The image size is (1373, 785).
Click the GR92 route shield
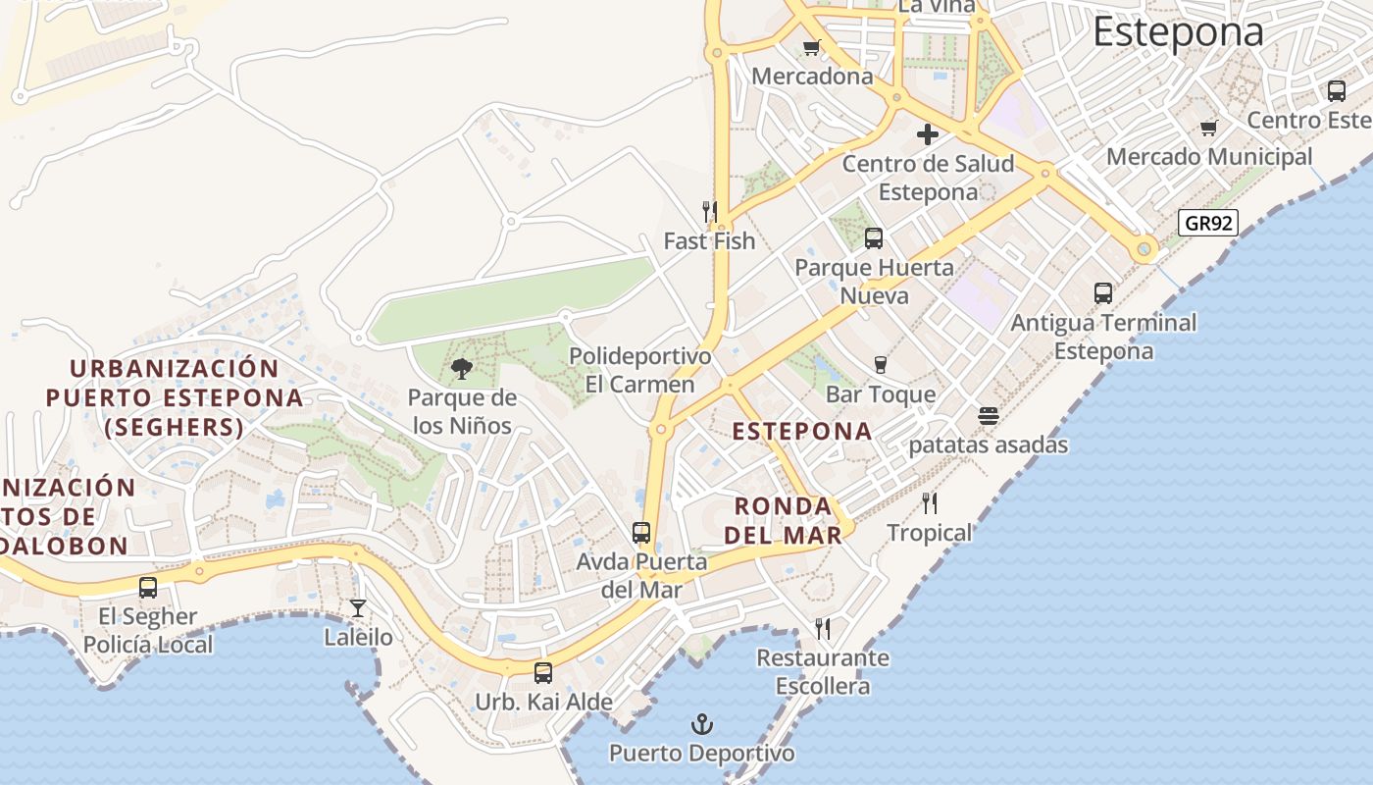[1208, 223]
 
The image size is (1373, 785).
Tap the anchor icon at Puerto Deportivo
[701, 725]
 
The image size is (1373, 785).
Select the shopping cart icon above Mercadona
[811, 47]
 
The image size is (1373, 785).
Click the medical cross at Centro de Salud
[927, 134]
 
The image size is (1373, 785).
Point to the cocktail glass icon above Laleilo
[358, 608]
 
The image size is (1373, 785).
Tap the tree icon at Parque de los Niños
[461, 369]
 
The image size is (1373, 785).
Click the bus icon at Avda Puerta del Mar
[641, 533]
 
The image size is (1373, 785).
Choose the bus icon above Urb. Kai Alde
[542, 673]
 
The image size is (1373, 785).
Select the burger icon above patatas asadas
[988, 416]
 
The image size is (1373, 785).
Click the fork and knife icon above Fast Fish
[709, 211]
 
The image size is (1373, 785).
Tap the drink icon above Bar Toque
[880, 365]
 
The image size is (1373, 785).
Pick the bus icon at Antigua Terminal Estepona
[1103, 293]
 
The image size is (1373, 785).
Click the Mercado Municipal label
[1209, 157]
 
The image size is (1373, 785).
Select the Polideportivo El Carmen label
[639, 370]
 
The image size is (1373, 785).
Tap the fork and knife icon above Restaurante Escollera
[823, 628]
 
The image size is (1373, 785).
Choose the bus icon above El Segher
[148, 588]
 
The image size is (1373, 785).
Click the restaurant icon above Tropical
[929, 503]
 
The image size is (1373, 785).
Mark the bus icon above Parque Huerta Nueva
[873, 238]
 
